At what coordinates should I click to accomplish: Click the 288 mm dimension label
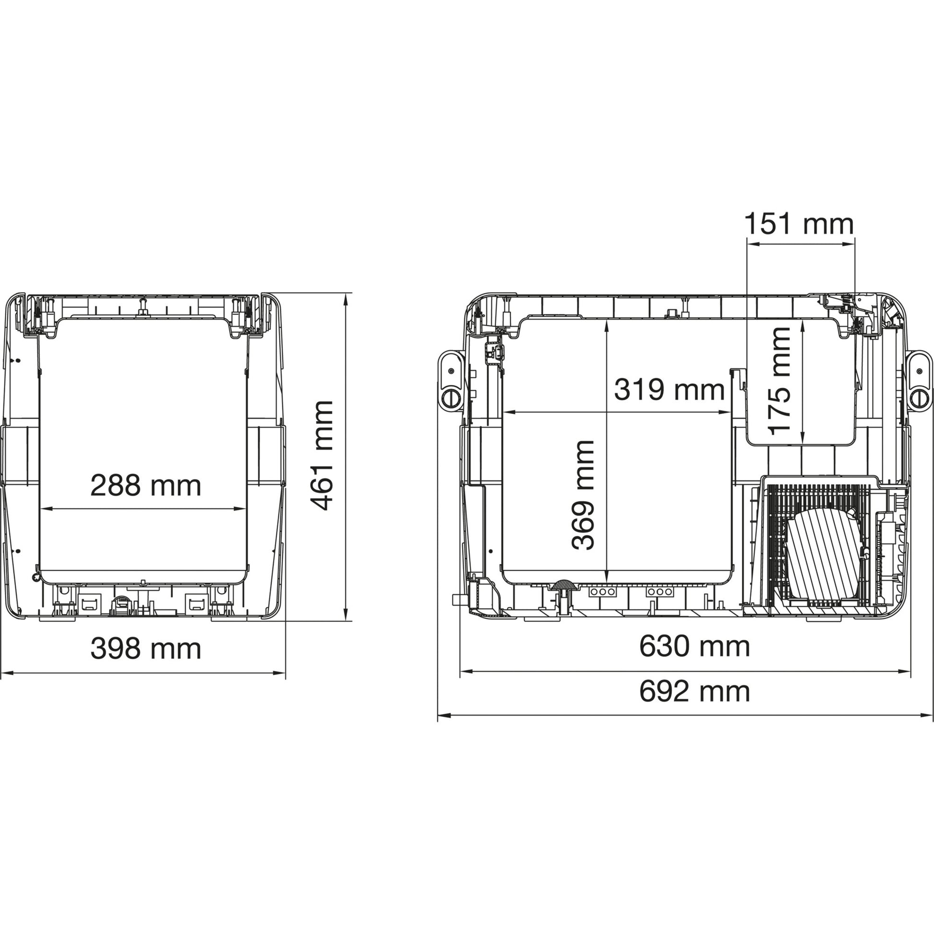click(145, 486)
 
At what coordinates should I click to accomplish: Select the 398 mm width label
click(145, 648)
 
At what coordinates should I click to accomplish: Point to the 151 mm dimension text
click(799, 224)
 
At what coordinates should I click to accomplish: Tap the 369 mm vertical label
click(583, 495)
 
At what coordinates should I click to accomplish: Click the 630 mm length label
click(695, 647)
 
